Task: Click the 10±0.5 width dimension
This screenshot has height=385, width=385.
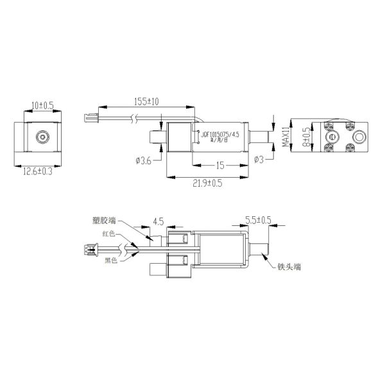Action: click(42, 105)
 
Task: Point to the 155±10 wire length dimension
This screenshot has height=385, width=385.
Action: click(147, 101)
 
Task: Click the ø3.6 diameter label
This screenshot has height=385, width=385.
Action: click(144, 160)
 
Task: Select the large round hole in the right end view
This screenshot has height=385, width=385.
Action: click(359, 137)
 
